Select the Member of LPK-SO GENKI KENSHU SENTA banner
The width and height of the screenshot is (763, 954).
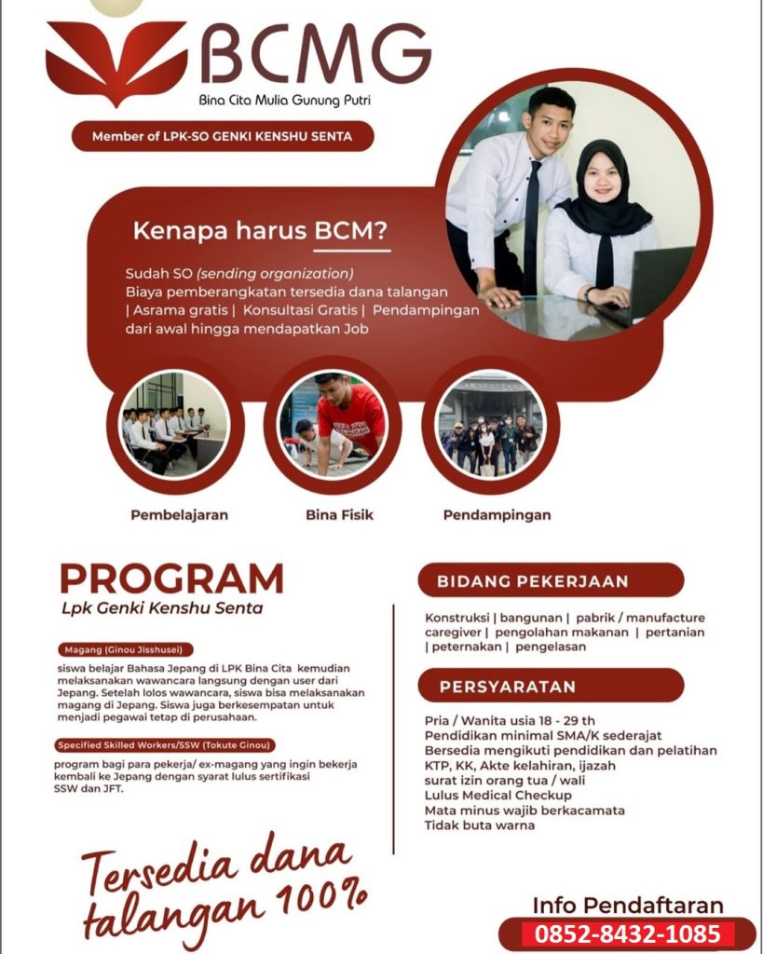(x=223, y=137)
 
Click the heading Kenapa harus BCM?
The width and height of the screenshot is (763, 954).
(x=260, y=231)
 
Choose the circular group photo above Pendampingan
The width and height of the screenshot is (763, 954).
(x=490, y=425)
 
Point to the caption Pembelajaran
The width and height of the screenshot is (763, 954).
(x=179, y=514)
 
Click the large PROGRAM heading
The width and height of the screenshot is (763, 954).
(x=171, y=579)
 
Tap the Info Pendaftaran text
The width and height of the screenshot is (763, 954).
(x=627, y=904)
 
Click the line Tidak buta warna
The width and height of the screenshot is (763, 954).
(x=479, y=825)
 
